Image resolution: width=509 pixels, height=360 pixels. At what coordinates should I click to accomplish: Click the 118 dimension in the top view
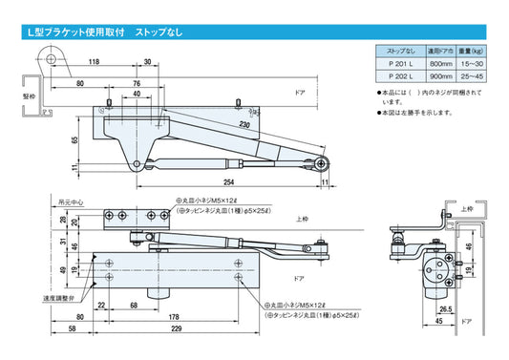coord(95,62)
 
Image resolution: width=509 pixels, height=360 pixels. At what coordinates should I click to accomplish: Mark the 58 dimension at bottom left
coord(74,330)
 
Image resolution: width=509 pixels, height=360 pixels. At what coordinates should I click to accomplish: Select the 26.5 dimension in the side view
coord(445,309)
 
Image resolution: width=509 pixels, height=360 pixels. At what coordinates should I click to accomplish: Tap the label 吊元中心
coord(71,202)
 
